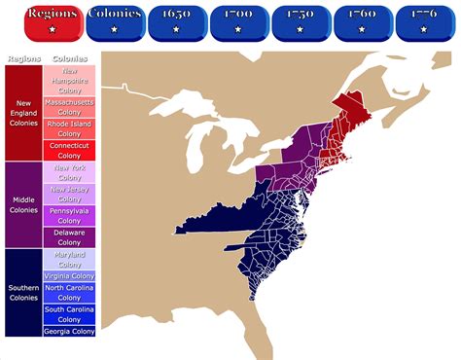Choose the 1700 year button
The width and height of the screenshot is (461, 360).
[x=238, y=21]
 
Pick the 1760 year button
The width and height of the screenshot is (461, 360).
[x=362, y=21]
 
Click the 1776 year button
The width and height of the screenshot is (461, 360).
[x=424, y=21]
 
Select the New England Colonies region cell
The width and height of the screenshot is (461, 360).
[x=22, y=113]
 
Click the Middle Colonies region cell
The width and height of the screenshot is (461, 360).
[x=22, y=204]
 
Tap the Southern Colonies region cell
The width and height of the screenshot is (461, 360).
[x=22, y=293]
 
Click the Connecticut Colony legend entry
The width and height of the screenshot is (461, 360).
[x=69, y=151]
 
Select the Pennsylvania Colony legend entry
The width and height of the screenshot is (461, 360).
[x=69, y=215]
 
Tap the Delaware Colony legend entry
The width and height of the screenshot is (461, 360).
[x=69, y=237]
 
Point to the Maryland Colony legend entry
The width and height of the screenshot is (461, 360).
[x=69, y=260]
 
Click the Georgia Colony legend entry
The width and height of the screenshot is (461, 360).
[x=69, y=332]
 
